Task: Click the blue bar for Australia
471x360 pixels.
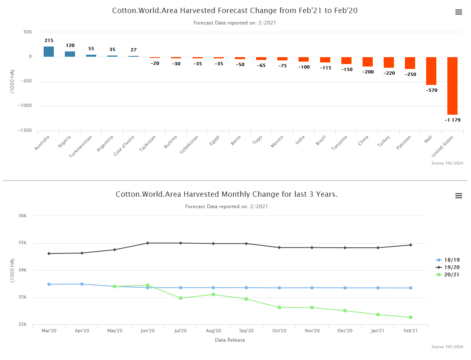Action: (x=49, y=52)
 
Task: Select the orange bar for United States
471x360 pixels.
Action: (x=452, y=86)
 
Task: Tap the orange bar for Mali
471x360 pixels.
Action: (x=431, y=71)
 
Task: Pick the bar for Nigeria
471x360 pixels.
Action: (x=70, y=54)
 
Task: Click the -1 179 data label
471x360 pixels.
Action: (x=452, y=120)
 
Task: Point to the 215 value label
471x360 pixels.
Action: (x=49, y=41)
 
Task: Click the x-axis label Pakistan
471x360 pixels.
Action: (x=412, y=143)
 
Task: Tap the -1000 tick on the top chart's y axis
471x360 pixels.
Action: (x=25, y=106)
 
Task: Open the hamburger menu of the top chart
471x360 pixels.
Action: (x=459, y=12)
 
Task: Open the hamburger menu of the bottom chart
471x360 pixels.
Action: (x=459, y=196)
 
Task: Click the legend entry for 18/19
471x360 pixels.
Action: (x=449, y=260)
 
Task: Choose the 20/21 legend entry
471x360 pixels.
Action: (x=449, y=275)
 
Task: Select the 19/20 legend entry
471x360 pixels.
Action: (x=449, y=267)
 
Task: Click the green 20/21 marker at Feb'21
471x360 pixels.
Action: (x=411, y=317)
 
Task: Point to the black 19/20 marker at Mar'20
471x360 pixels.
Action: (x=49, y=253)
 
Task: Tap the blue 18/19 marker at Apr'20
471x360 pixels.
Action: (x=82, y=284)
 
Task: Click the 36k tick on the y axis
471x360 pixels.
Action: (x=23, y=216)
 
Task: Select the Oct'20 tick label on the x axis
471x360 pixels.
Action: (x=279, y=331)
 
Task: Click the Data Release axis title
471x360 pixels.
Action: (x=230, y=340)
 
